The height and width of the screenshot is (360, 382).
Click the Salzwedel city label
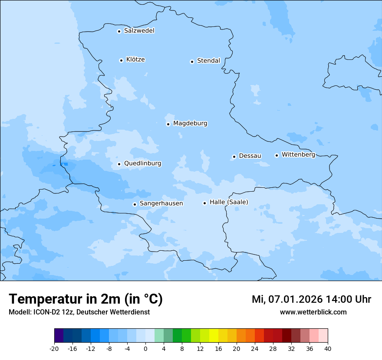click(x=139, y=31)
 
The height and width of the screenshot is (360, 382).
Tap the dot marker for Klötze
click(x=121, y=60)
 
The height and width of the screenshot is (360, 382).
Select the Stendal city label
click(x=208, y=61)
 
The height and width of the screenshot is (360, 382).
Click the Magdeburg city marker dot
click(x=168, y=124)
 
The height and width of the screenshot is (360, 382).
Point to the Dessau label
click(x=250, y=156)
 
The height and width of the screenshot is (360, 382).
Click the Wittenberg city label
click(x=298, y=155)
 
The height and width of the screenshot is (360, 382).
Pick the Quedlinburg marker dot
click(x=119, y=164)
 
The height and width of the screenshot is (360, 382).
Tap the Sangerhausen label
click(x=161, y=203)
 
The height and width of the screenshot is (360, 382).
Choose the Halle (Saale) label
click(x=229, y=202)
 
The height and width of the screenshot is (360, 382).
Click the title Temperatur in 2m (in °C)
click(x=86, y=299)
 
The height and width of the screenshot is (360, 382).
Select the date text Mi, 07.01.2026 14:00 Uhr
click(x=311, y=299)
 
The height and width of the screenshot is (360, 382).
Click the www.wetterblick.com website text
click(x=313, y=312)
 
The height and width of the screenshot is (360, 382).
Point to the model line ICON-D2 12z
click(x=79, y=312)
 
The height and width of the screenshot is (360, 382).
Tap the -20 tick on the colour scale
click(x=54, y=348)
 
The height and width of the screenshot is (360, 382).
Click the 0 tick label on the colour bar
click(x=145, y=348)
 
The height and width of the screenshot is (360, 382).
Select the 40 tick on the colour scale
click(x=328, y=348)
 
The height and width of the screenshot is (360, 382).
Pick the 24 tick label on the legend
click(x=255, y=348)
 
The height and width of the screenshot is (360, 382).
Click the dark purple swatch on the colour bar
click(x=59, y=336)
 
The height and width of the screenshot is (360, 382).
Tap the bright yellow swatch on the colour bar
click(x=214, y=336)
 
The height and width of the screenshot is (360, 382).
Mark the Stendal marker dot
click(x=192, y=62)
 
